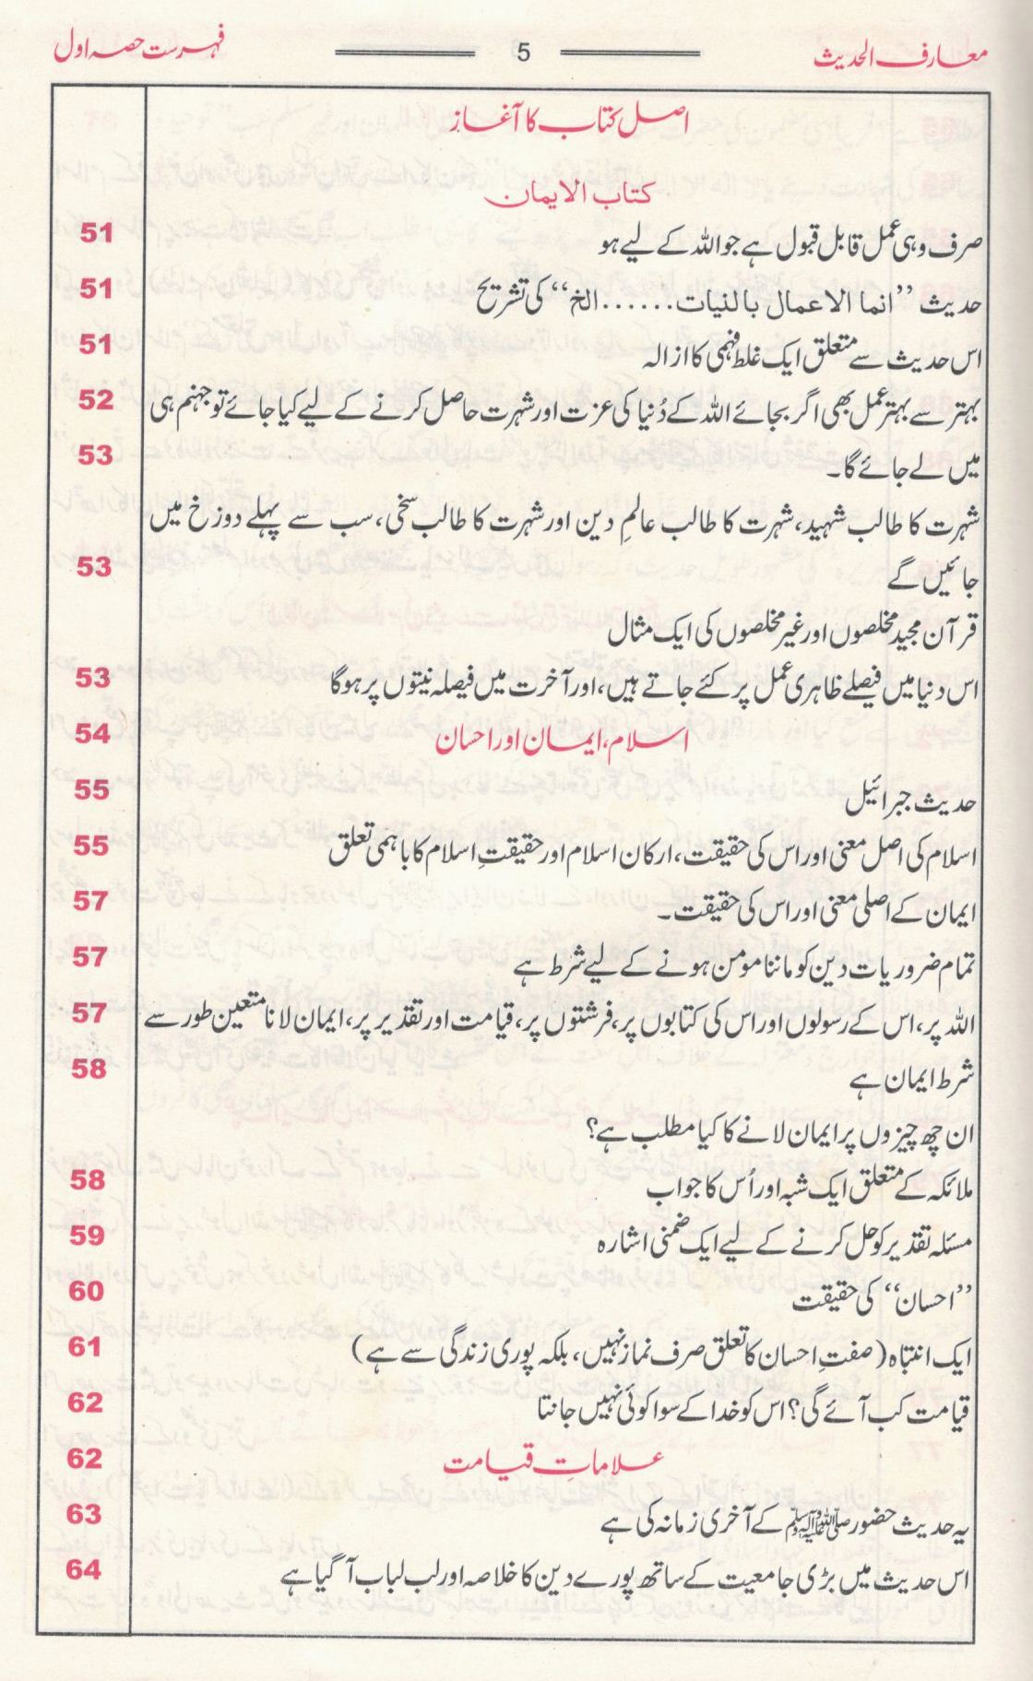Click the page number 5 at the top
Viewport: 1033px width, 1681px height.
(x=524, y=53)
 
